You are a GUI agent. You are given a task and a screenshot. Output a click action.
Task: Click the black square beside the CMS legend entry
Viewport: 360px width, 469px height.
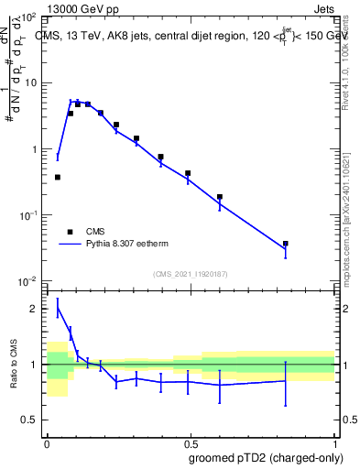point(70,232)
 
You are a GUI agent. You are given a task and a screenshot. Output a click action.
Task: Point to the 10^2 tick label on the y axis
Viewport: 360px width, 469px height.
point(27,17)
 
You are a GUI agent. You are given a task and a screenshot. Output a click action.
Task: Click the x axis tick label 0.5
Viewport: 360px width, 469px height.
point(191,441)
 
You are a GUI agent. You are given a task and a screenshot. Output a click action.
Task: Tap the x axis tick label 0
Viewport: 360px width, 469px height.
point(47,441)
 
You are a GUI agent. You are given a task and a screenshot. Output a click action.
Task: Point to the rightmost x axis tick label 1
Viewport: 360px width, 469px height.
point(334,441)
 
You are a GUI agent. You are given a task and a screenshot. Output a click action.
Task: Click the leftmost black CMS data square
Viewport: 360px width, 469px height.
point(58,177)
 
